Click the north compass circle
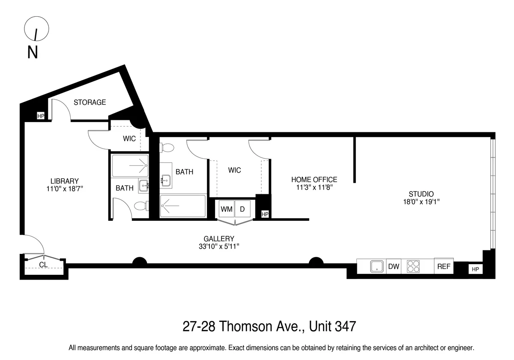36,30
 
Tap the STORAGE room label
90,102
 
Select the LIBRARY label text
64,181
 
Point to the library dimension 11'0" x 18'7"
64,189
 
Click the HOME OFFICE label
314,180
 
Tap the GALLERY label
219,238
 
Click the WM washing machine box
226,209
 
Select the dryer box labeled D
242,209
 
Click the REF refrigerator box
444,266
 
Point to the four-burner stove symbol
414,266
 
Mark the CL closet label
43,265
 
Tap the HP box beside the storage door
41,116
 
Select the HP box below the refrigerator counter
475,269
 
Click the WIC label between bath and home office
234,170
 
